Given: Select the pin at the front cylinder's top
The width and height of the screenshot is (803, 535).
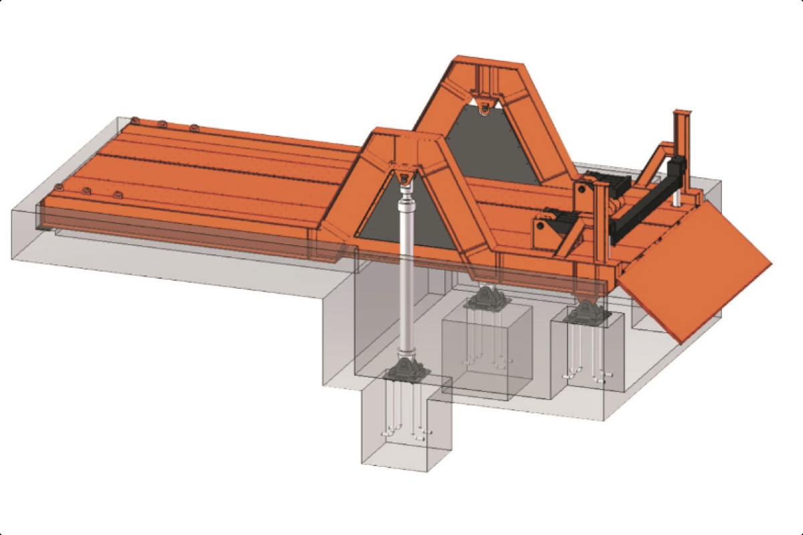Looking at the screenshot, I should [404, 177].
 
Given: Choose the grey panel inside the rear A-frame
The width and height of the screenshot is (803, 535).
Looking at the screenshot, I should [492, 150].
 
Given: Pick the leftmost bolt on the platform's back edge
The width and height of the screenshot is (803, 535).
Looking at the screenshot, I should [135, 120].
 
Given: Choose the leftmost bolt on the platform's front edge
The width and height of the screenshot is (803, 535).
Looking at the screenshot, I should [58, 185].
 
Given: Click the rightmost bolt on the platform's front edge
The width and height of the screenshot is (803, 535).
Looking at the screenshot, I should [118, 195].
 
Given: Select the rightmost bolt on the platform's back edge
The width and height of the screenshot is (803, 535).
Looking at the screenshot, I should [193, 127].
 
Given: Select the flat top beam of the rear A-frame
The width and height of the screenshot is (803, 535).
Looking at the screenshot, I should [485, 63].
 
